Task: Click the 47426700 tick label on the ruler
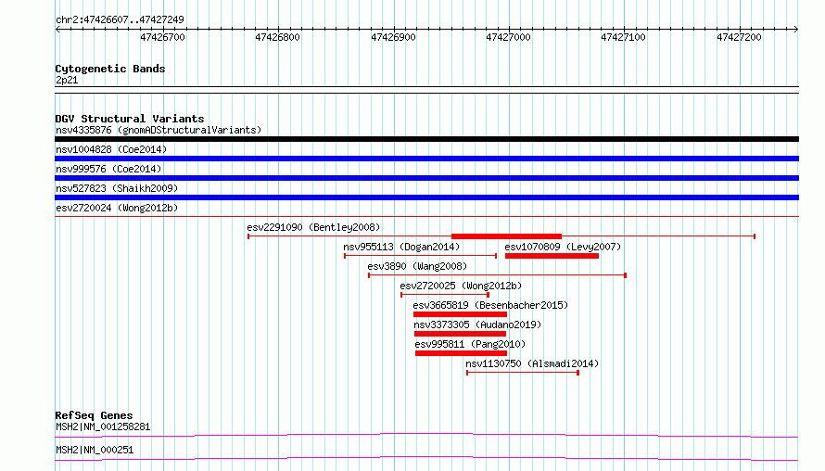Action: tap(162, 37)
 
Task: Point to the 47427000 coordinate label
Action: tap(508, 37)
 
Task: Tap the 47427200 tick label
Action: tap(739, 37)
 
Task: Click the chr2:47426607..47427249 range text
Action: tap(120, 19)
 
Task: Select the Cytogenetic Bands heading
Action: tap(110, 69)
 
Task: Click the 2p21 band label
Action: tap(67, 80)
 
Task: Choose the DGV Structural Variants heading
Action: tap(130, 119)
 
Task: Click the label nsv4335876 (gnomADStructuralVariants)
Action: tap(159, 130)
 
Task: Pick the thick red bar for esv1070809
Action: tap(552, 256)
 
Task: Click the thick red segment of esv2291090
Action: tap(506, 236)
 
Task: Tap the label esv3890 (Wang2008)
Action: tap(417, 266)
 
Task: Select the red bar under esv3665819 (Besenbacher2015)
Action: tap(461, 314)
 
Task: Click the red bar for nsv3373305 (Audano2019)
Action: tap(460, 334)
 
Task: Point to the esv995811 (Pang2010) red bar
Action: tap(461, 353)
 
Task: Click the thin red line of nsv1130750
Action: tap(523, 373)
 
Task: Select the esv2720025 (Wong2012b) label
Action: tap(461, 286)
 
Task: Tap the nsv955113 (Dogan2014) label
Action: tap(401, 247)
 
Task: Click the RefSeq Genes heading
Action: tap(94, 415)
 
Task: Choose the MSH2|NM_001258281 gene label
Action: tap(103, 426)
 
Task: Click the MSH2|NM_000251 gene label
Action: tap(95, 450)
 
